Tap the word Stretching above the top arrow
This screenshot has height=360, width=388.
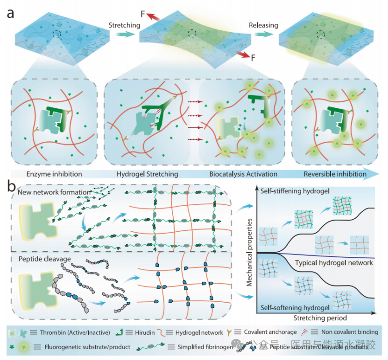tap(124, 25)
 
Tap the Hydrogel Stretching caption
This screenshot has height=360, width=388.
tap(148, 174)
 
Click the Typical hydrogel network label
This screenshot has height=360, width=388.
tap(334, 263)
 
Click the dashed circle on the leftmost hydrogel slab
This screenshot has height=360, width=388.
tap(56, 34)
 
